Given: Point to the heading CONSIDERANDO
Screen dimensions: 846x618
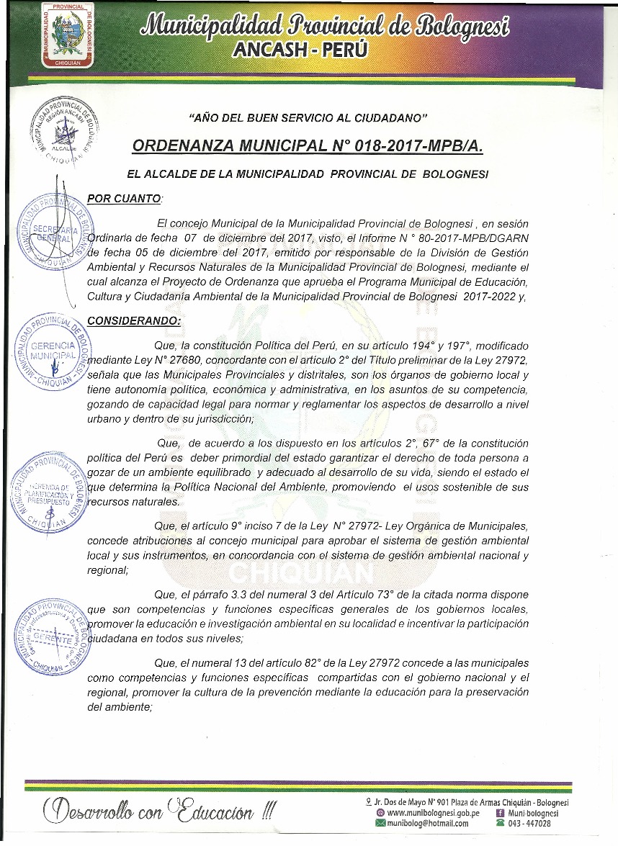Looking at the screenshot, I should (x=133, y=320).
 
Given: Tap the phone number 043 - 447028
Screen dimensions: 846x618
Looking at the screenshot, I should (x=529, y=824).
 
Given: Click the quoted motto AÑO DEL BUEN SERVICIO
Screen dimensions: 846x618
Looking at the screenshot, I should (x=308, y=117).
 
